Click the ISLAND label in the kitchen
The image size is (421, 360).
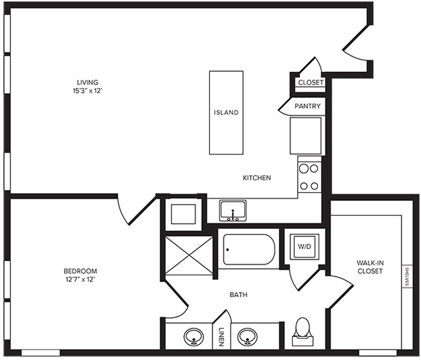point(226,112)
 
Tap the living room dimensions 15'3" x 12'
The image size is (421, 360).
point(87,91)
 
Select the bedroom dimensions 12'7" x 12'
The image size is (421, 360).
point(80,280)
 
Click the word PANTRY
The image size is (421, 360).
point(308,106)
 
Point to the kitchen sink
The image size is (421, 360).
point(233,210)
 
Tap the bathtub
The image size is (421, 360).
point(249,249)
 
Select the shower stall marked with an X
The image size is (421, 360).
point(189,256)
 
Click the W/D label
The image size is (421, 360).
point(304,246)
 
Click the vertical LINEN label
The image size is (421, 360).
point(222,337)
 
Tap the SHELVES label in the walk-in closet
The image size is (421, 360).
point(407,276)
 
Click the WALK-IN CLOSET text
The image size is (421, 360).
point(370,267)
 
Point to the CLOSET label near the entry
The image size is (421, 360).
point(311,82)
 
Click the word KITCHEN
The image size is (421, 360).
point(256,177)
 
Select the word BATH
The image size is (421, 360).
point(238,295)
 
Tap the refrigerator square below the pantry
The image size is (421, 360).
point(306,136)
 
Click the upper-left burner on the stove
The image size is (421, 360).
point(304,168)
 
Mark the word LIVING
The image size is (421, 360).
point(87,82)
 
